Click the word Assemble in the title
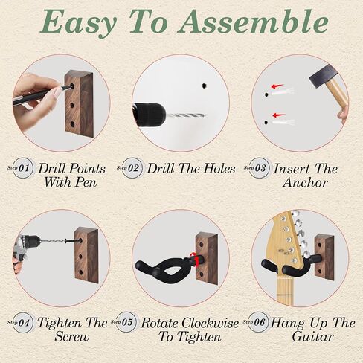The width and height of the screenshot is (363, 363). tap(253, 22)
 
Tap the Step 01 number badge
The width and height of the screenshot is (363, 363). tap(23, 168)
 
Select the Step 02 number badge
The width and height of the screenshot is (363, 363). tap(133, 168)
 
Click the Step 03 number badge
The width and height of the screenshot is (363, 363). tap(260, 168)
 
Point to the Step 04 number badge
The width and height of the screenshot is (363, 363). tap(23, 323)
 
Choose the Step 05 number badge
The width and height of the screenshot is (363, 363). tap(126, 322)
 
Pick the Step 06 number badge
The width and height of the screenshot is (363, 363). tap(258, 322)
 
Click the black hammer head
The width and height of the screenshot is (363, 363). tap(323, 77)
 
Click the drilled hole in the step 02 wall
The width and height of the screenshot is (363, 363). tap(204, 86)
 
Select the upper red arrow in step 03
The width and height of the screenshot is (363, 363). tap(277, 86)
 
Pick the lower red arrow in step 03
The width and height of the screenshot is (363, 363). tap(278, 115)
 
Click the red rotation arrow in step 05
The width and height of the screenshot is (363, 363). tap(195, 259)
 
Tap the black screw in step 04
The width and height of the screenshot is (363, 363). tap(73, 240)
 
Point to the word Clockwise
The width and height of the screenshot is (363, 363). tap(210, 323)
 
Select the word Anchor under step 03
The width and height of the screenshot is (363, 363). tap(305, 183)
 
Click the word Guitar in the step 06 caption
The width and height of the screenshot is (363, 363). tap(312, 337)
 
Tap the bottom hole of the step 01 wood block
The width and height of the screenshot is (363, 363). tap(72, 123)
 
